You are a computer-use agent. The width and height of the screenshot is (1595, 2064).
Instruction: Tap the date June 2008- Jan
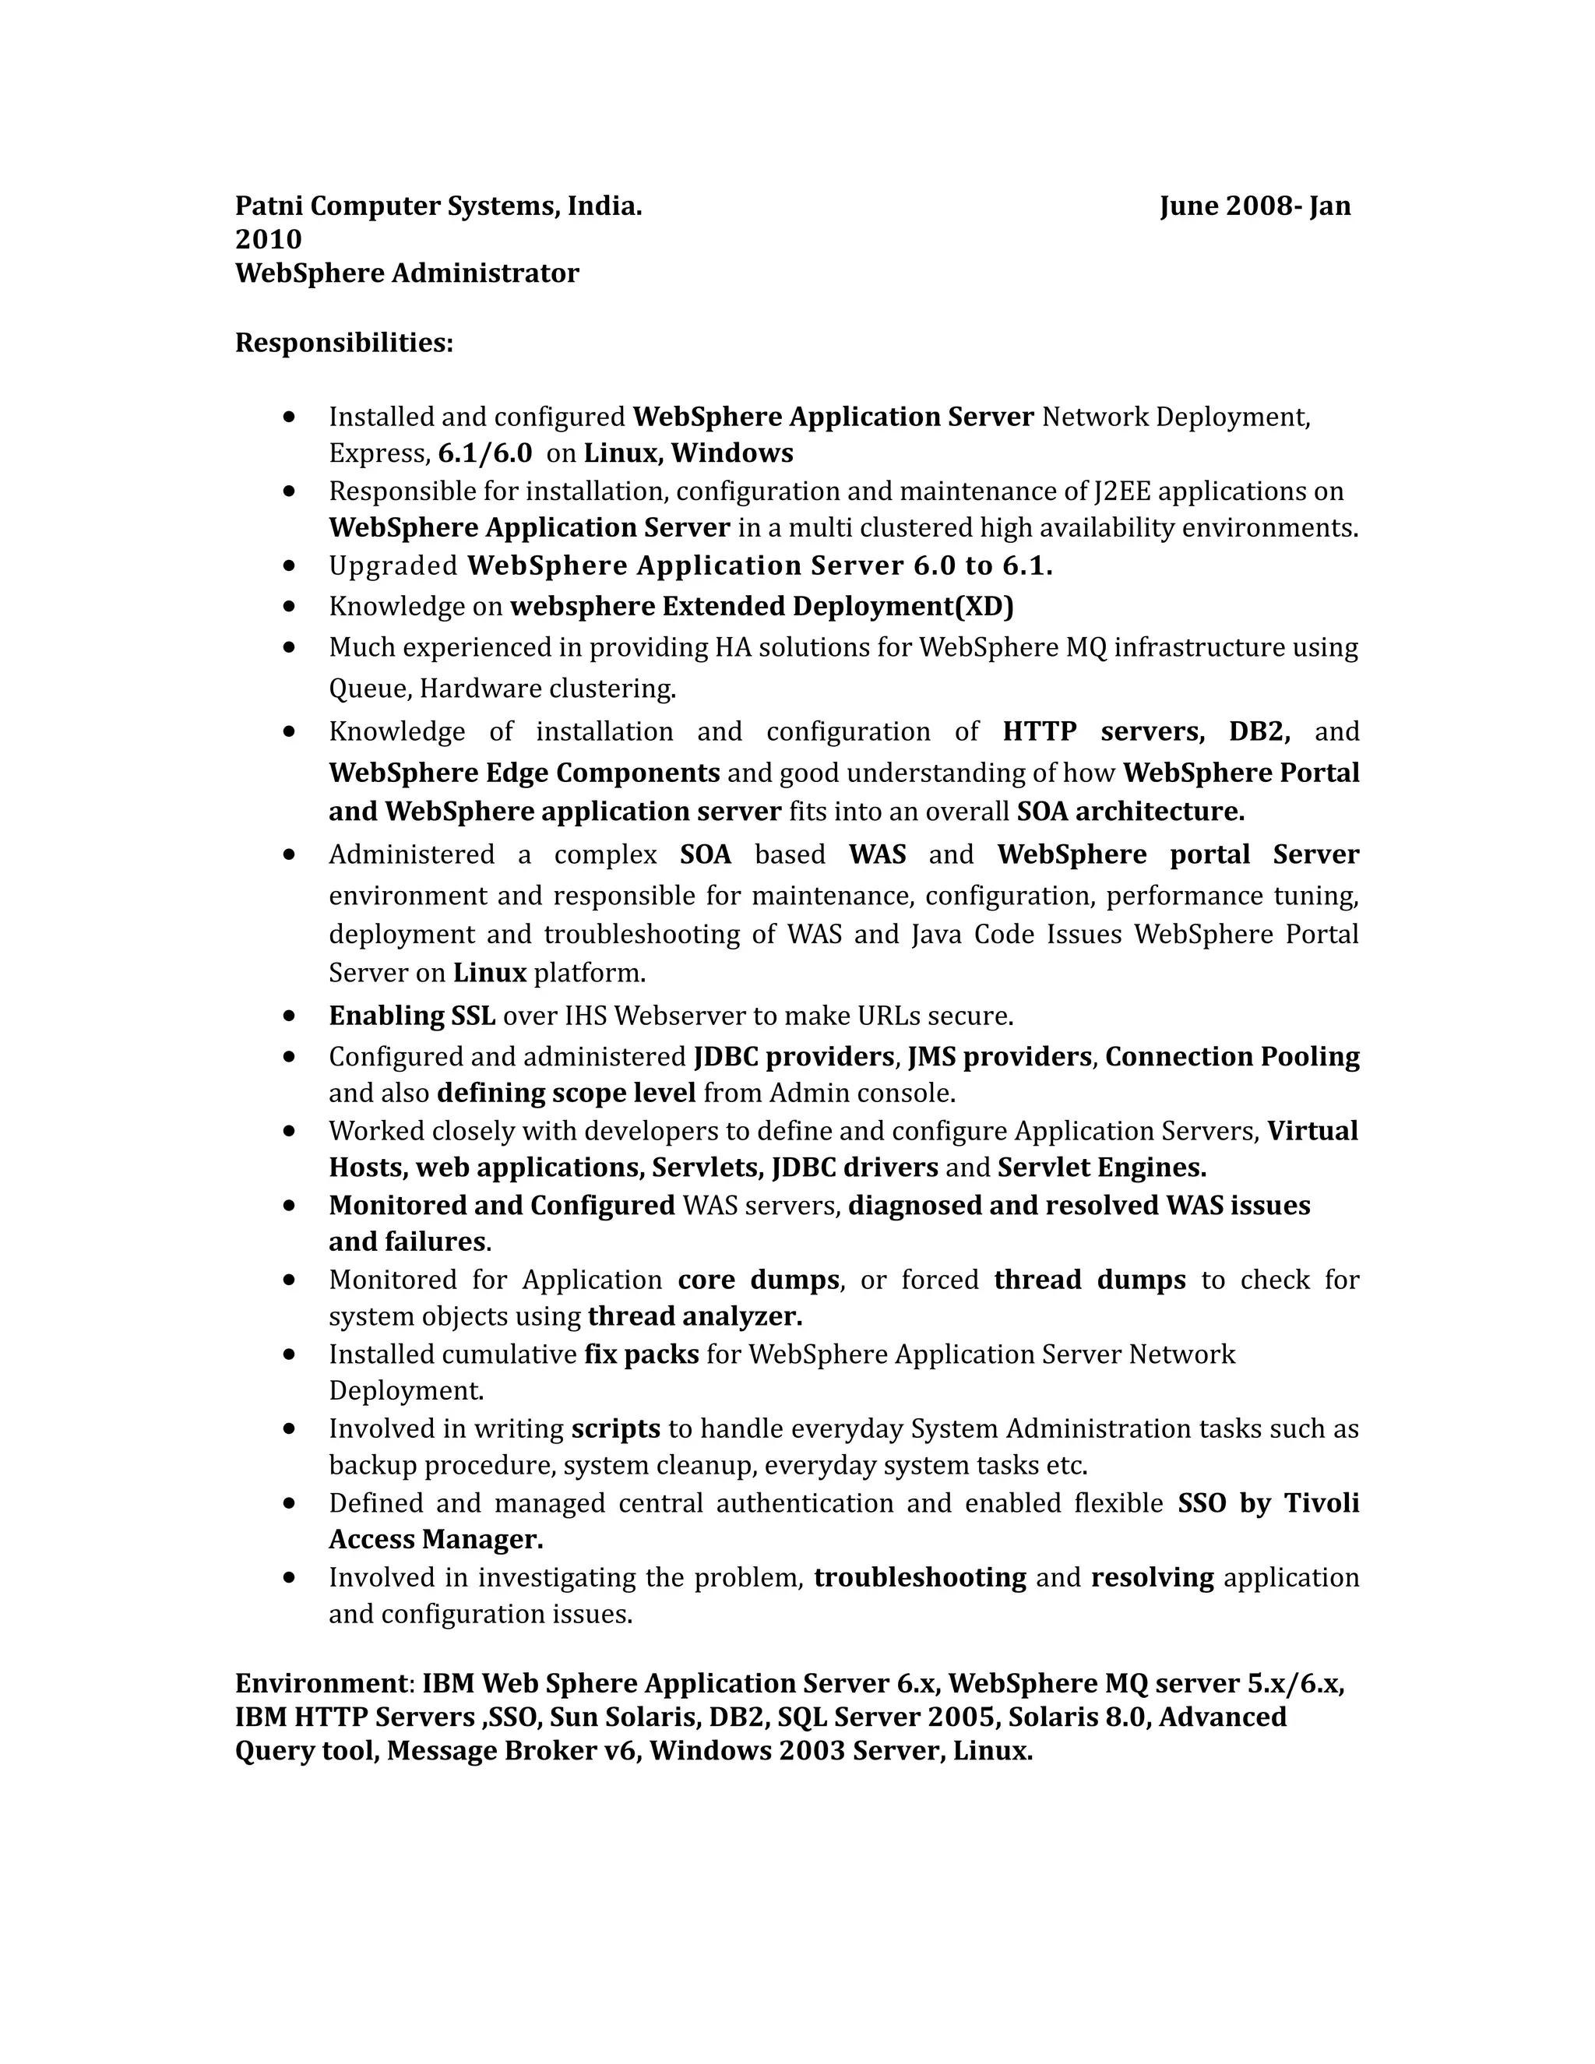(1255, 206)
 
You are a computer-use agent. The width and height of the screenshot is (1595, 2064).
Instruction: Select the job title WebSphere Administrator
(407, 273)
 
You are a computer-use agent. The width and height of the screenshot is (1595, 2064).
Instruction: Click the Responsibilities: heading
(344, 343)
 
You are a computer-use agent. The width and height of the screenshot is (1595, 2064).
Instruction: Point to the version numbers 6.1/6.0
(484, 453)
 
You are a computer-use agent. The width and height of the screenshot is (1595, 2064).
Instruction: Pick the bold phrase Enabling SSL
(412, 1016)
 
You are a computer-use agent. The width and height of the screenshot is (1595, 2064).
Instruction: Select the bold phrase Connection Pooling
(1231, 1057)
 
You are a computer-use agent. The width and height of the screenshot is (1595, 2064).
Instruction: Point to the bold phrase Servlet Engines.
(1102, 1168)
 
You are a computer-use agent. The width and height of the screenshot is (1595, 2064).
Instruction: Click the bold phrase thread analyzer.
(695, 1316)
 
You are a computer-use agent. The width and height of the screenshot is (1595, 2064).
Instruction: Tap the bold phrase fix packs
(642, 1354)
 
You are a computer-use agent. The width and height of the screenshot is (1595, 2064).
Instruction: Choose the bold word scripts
(615, 1429)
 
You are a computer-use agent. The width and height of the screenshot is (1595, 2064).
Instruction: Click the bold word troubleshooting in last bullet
(920, 1577)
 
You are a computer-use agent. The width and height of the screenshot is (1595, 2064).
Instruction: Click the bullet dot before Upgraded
(289, 567)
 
